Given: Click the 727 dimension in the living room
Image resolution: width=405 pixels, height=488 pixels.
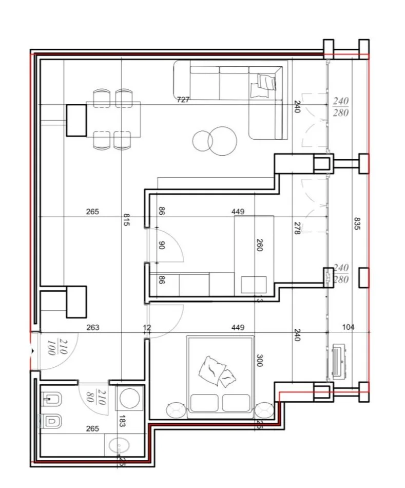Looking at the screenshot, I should [x=183, y=100].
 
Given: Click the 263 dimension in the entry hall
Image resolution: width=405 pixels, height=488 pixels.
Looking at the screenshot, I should [x=93, y=327].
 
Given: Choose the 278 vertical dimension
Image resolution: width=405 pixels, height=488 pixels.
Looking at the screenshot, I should [x=297, y=229].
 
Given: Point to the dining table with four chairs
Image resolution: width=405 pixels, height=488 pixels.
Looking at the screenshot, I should [x=113, y=119].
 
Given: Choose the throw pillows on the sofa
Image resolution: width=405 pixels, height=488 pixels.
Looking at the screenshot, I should [x=264, y=84].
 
